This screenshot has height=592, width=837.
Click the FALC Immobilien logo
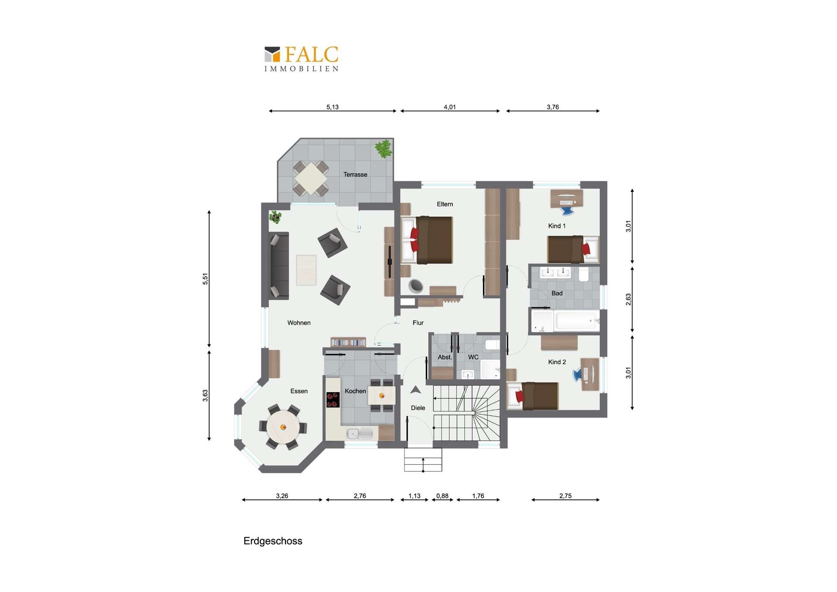click(301, 59)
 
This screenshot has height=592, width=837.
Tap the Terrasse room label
click(355, 175)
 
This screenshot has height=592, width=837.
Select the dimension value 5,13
click(332, 107)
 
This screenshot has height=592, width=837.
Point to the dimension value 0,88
click(442, 496)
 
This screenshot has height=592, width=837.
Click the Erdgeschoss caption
click(273, 541)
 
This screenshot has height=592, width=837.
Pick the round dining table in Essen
click(283, 427)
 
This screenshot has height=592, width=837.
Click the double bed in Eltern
click(427, 240)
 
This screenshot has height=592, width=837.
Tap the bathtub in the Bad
click(577, 321)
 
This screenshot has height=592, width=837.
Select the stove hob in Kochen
click(333, 400)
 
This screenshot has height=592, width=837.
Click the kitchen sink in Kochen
click(359, 433)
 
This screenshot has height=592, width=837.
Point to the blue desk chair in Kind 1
click(567, 211)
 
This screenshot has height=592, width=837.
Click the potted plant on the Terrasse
click(384, 149)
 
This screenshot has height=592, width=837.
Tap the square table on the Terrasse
click(310, 178)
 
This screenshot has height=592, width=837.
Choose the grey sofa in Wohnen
click(279, 266)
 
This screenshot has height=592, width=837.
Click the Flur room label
click(418, 323)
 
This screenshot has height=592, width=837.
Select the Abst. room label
click(445, 357)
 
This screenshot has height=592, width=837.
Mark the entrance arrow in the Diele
click(415, 390)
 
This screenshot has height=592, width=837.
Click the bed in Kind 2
click(533, 396)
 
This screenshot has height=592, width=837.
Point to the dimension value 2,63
click(628, 299)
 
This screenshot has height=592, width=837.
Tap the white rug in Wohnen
click(306, 270)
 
